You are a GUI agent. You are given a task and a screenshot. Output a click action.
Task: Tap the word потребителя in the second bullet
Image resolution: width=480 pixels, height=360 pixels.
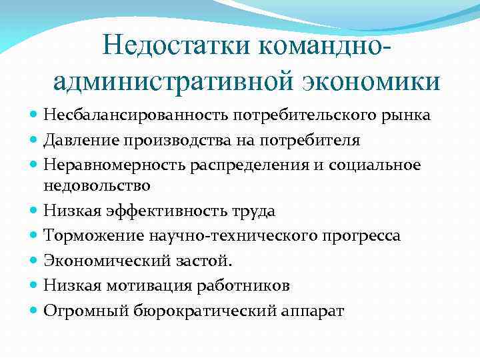pyautogui.click(x=313, y=140)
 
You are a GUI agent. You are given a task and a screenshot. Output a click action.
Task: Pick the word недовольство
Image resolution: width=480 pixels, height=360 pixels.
pyautogui.click(x=97, y=185)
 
